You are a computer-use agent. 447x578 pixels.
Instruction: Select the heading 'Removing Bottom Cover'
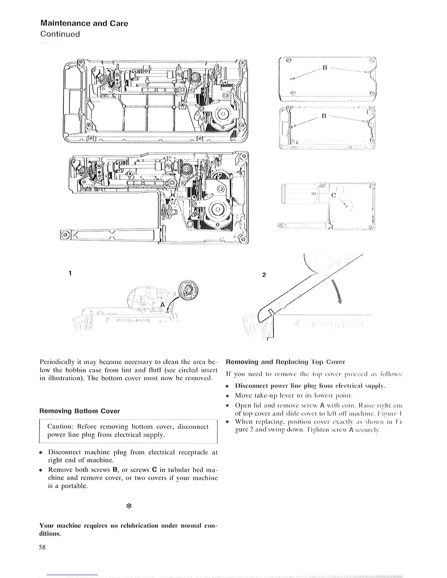[x=80, y=411]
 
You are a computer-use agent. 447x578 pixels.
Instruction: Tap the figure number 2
[x=265, y=275]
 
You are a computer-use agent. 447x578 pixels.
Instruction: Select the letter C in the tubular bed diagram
[x=333, y=194]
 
